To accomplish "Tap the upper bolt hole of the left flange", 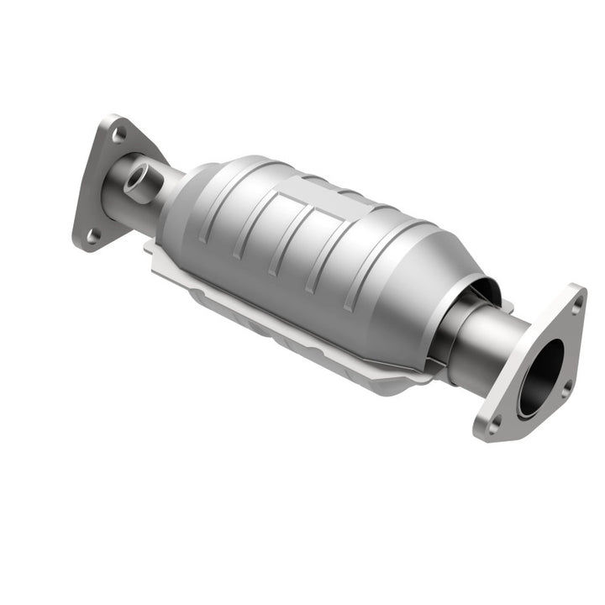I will point(120,134).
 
